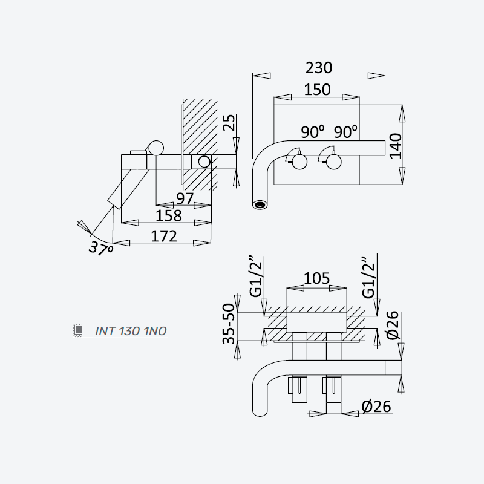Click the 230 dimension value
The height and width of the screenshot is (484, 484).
pos(319,68)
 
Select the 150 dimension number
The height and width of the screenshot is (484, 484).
pos(317,90)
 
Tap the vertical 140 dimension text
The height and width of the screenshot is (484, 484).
pos(396,146)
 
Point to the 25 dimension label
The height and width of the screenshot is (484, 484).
pos(229,123)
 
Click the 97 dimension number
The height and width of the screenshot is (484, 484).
pos(185,198)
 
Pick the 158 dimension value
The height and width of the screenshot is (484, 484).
pos(169,215)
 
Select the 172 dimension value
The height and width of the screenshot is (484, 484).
pos(164,236)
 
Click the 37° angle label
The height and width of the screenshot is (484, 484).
pos(100,248)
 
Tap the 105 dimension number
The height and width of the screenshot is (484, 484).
pos(316,278)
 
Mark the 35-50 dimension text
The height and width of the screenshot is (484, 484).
pos(229,324)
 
